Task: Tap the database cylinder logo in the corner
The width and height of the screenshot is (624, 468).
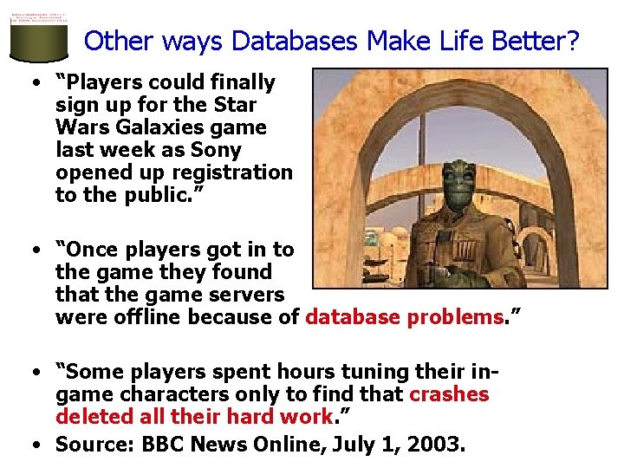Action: pyautogui.click(x=38, y=34)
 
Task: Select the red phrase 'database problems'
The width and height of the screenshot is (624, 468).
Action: pyautogui.click(x=405, y=317)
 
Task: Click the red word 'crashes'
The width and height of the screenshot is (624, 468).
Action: pyautogui.click(x=449, y=394)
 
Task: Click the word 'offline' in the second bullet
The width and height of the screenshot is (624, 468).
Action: pyautogui.click(x=147, y=317)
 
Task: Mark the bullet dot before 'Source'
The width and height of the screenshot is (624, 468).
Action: pyautogui.click(x=36, y=445)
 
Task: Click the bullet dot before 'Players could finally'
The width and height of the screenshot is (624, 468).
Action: pyautogui.click(x=36, y=83)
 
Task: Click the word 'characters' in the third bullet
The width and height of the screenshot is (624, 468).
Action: pyautogui.click(x=161, y=394)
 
